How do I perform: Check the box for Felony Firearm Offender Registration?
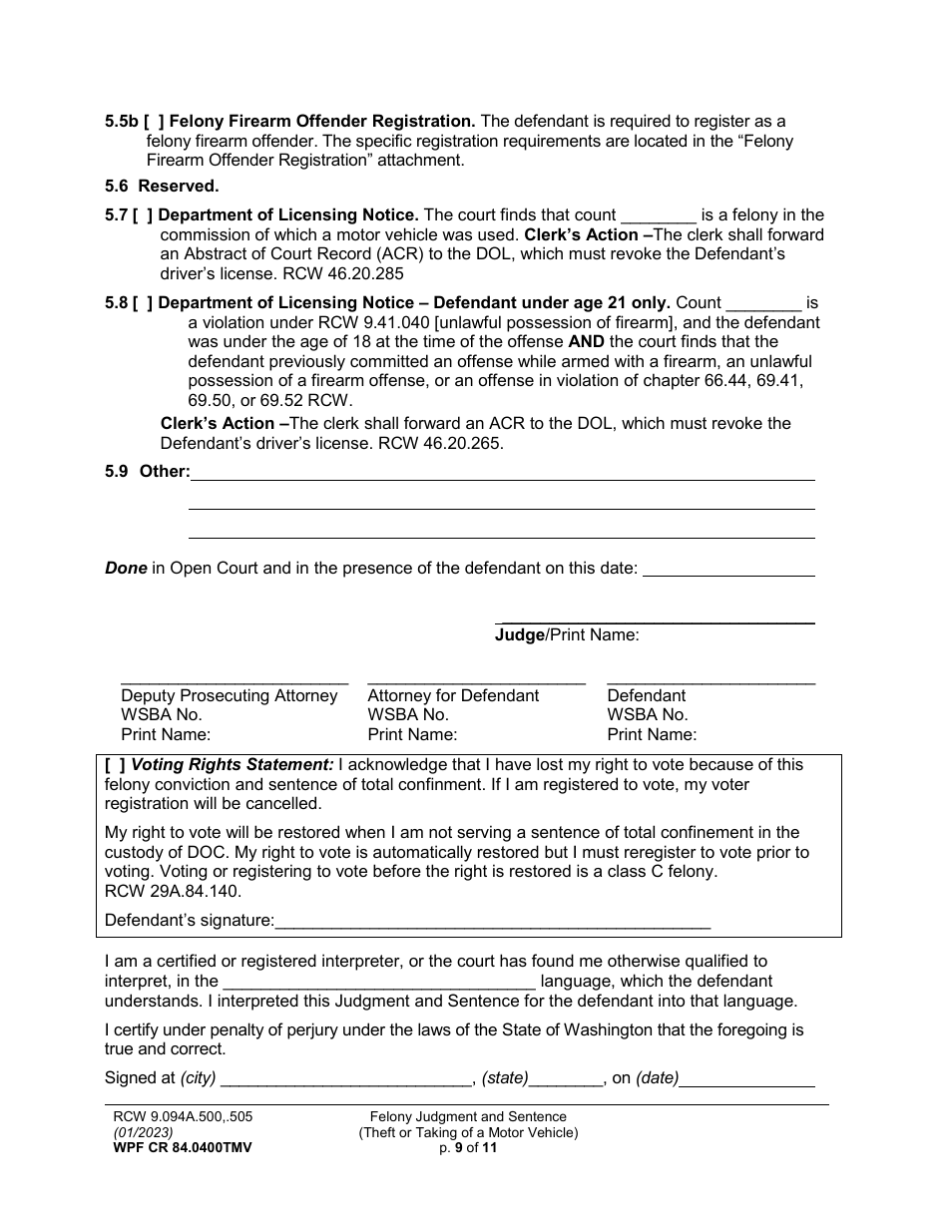coord(155,122)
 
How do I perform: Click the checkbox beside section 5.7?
coord(143,215)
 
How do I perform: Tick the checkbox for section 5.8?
coord(143,303)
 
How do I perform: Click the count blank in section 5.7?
coord(658,216)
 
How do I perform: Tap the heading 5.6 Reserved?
coord(162,186)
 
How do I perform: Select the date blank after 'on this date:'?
coord(728,570)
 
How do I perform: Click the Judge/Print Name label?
coord(567,635)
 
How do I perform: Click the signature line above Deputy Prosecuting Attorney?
coord(235,680)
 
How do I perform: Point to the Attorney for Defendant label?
coord(453,696)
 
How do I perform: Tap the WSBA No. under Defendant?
coord(647,715)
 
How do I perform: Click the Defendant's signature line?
coord(492,922)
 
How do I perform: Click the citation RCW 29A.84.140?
coord(173,893)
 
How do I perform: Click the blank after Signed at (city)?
coord(346,1079)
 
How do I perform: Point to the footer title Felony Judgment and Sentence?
coord(468,1117)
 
